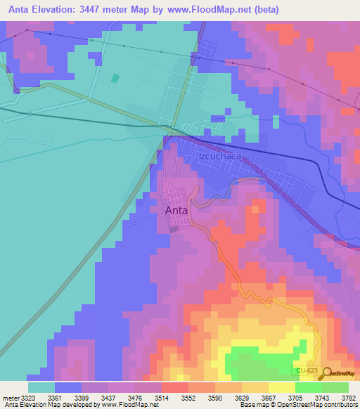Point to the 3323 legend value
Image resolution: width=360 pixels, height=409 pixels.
[x=28, y=398]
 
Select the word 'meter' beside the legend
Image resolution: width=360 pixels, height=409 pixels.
[x=10, y=398]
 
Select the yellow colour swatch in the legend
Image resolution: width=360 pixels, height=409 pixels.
[x=281, y=387]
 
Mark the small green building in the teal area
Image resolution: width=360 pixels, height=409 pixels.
[x=115, y=79]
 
